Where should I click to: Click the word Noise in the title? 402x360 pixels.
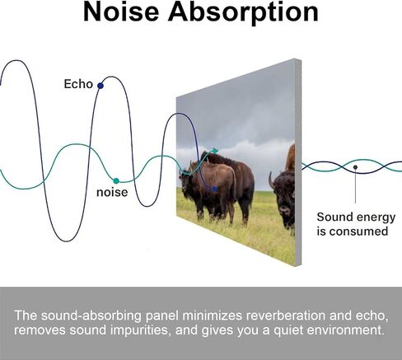click(x=121, y=12)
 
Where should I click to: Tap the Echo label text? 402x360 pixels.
click(x=78, y=84)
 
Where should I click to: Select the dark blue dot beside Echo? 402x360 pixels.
click(x=100, y=86)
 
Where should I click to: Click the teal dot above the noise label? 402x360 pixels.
click(x=116, y=181)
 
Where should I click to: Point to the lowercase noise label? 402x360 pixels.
click(x=112, y=192)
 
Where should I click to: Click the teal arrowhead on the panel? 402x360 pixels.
click(x=215, y=151)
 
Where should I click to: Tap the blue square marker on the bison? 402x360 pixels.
click(x=215, y=189)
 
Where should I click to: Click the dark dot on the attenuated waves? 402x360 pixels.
click(x=355, y=167)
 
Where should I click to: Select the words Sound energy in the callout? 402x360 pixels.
click(x=356, y=217)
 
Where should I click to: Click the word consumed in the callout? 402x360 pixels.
click(x=358, y=231)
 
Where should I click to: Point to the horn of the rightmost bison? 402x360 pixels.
click(x=271, y=180)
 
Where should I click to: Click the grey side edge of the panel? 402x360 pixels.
click(x=298, y=162)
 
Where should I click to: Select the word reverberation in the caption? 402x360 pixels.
click(x=286, y=316)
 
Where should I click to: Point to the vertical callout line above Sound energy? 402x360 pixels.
click(x=355, y=186)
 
